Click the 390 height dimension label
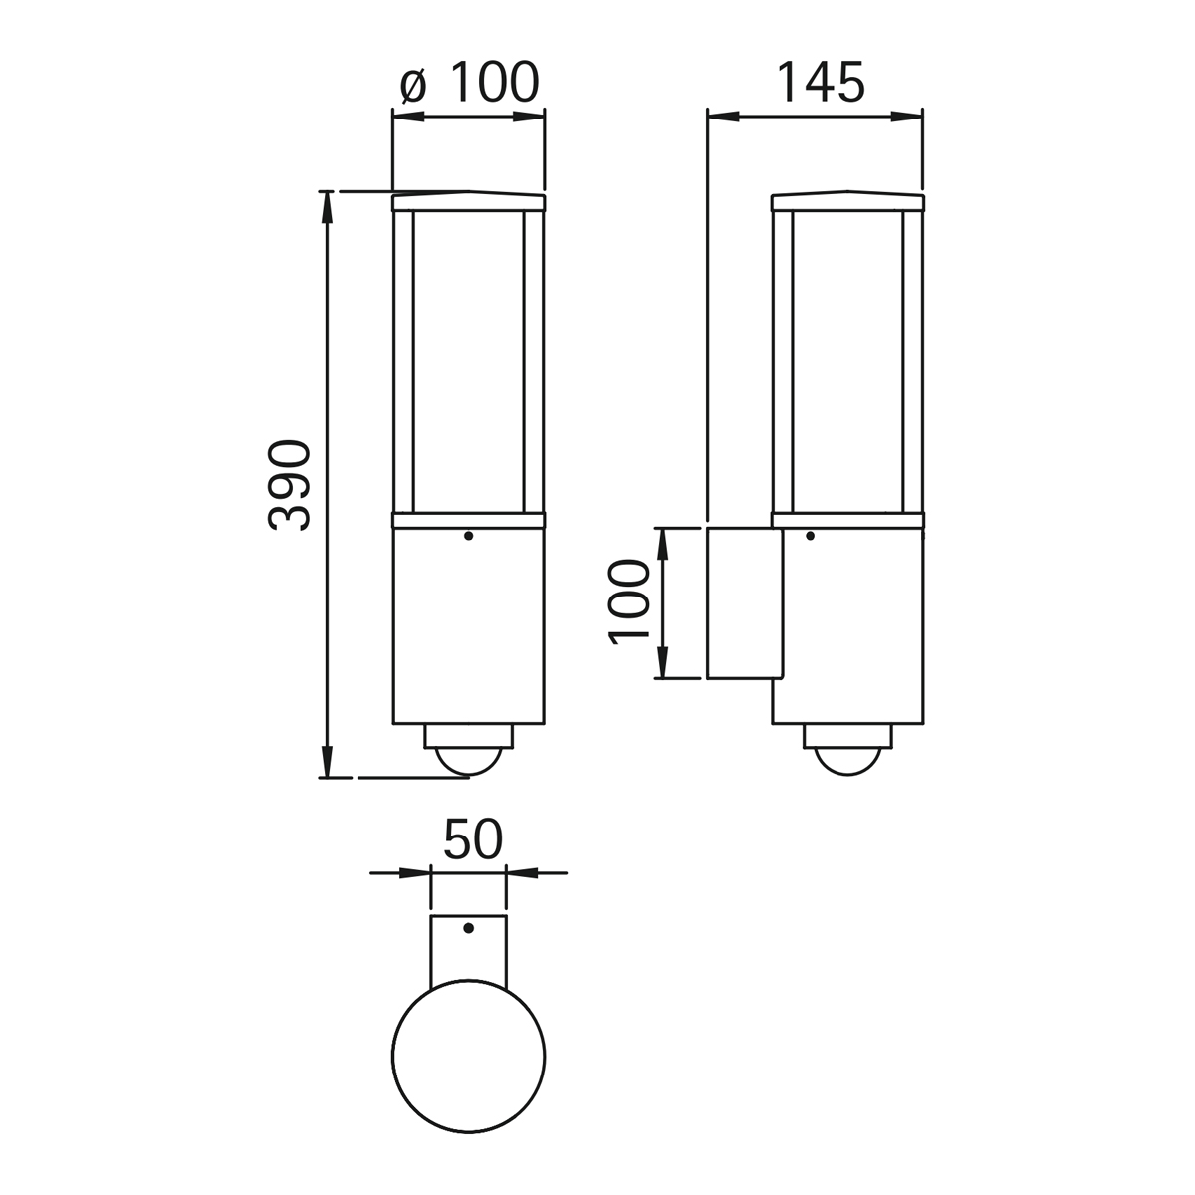289,485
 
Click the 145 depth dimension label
820,82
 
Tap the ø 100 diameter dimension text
469,82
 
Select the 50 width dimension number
473,840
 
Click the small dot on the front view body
469,535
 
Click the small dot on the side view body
810,535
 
